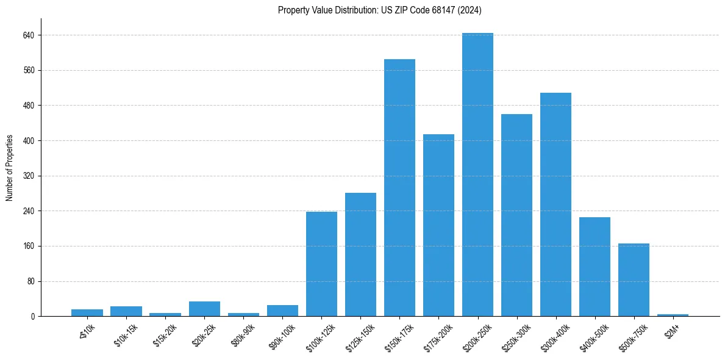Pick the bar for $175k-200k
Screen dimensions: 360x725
[438, 225]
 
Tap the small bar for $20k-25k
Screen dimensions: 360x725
[204, 309]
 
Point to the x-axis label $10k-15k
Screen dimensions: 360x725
[125, 334]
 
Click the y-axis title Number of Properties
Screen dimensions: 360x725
[10, 168]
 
